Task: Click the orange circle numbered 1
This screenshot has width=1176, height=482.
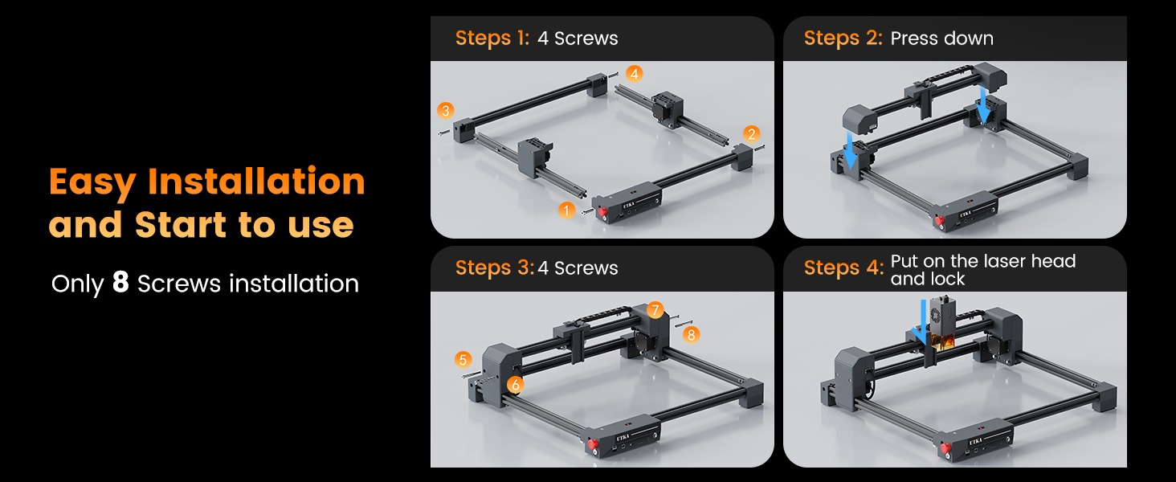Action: coord(566,210)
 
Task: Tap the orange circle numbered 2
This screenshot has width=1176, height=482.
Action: coord(751,134)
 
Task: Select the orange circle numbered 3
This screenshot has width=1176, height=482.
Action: coord(445,111)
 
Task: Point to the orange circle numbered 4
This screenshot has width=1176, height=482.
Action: coord(635,74)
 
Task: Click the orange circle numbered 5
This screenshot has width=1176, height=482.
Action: coord(463,360)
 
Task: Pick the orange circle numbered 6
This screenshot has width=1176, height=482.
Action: coord(516,385)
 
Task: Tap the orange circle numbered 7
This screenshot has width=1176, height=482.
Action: coord(655,310)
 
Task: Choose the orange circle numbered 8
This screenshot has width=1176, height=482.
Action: coord(691,334)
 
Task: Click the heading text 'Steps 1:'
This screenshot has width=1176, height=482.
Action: coord(492,39)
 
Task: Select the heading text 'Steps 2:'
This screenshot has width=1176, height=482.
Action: coord(843,39)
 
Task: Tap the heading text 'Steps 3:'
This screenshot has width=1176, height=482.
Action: coord(495,268)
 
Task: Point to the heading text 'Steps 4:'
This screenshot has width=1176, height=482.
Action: coord(843,268)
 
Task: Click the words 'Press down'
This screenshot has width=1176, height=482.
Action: coord(942,39)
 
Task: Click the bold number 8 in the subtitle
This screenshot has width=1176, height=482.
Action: coord(120,282)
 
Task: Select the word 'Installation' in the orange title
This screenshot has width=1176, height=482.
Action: coord(256,182)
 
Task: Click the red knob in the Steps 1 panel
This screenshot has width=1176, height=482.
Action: coord(602,213)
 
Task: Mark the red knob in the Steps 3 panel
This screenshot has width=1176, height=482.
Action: coord(593,444)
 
